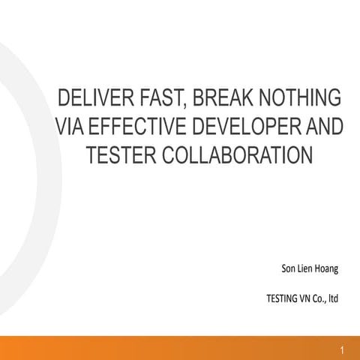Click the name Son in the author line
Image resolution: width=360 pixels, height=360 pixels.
point(287,268)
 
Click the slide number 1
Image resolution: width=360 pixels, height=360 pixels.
point(341,350)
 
